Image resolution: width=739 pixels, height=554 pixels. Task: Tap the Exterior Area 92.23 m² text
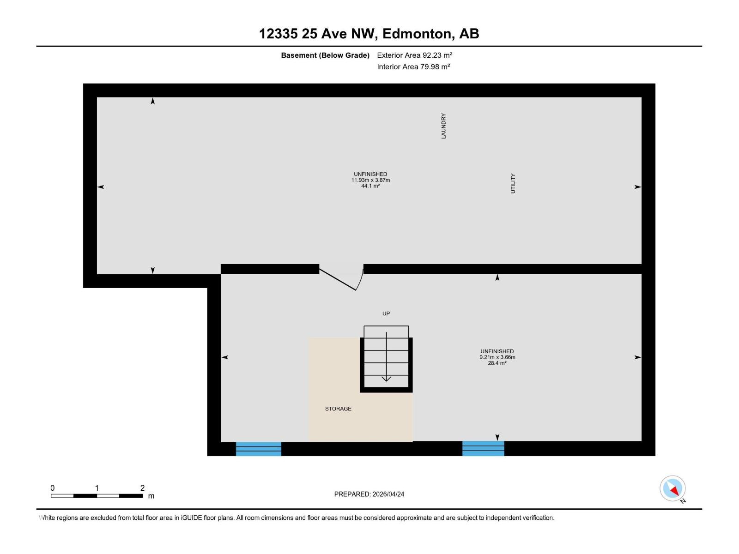(414, 55)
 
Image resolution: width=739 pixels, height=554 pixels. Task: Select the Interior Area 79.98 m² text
(413, 66)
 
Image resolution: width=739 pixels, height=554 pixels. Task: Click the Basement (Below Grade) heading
(325, 55)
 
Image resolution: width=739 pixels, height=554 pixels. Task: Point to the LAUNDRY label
(443, 126)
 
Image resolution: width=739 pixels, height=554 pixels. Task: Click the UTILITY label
(513, 183)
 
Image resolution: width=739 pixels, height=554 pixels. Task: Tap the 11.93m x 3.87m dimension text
(370, 180)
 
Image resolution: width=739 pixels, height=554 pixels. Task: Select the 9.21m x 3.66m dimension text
(497, 357)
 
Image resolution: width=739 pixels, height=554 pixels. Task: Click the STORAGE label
(338, 409)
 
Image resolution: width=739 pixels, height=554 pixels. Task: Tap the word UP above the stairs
(386, 313)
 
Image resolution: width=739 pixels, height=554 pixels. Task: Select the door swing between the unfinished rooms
(342, 279)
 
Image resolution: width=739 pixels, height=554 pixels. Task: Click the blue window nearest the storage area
(259, 449)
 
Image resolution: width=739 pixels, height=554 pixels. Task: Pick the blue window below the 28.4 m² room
(483, 448)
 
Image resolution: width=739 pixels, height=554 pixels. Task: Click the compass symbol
(672, 488)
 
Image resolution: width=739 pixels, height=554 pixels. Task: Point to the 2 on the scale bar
(142, 488)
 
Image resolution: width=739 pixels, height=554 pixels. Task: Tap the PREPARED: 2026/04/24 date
(369, 494)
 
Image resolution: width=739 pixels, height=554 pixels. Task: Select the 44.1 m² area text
(370, 186)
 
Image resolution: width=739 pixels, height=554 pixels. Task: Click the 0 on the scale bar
(53, 488)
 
